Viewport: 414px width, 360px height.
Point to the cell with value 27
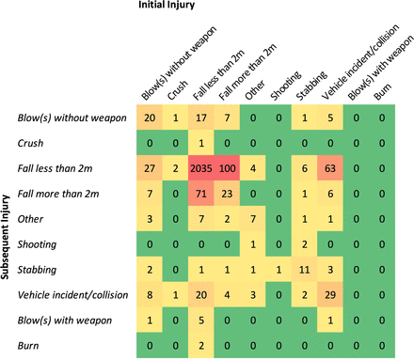pyautogui.click(x=150, y=169)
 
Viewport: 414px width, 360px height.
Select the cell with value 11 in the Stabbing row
pyautogui.click(x=303, y=270)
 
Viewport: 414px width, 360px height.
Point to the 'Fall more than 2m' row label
pyautogui.click(x=55, y=195)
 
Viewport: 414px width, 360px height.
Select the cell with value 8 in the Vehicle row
pyautogui.click(x=150, y=295)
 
